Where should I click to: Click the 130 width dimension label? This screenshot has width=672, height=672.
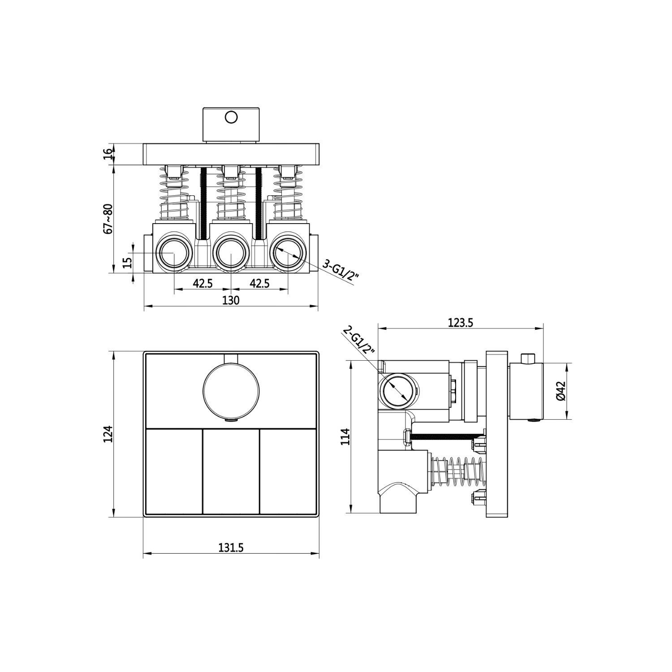(231, 300)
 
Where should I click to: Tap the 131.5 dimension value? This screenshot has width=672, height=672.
(231, 547)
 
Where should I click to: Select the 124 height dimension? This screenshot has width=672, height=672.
(108, 434)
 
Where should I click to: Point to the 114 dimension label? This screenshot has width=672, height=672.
(345, 436)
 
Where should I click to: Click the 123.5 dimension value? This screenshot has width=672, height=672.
(461, 322)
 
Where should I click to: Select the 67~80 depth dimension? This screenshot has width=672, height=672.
(108, 218)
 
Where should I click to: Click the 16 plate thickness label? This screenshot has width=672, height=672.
(108, 154)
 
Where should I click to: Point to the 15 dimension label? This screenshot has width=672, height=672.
(127, 262)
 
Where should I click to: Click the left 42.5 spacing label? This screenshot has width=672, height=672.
(202, 283)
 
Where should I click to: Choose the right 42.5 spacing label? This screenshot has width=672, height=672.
(259, 283)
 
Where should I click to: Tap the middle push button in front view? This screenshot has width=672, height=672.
(231, 471)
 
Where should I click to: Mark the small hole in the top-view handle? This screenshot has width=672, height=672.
(231, 117)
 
